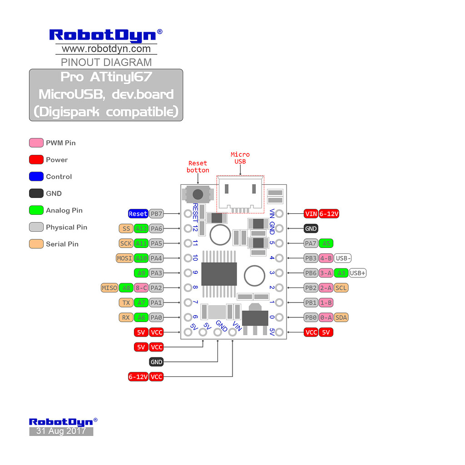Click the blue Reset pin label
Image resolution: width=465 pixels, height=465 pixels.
point(138,213)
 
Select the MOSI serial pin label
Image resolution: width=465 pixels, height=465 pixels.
point(125,258)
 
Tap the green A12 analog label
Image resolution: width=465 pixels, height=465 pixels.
point(141,228)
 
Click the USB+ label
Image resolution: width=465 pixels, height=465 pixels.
point(358,273)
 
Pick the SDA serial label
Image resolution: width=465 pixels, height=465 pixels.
point(341,317)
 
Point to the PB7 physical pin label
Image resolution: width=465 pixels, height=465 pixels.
point(156,213)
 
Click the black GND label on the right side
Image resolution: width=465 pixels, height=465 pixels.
point(311,228)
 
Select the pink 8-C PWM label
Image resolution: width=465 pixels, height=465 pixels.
point(141,287)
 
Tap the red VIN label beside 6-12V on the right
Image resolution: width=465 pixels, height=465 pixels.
point(311,213)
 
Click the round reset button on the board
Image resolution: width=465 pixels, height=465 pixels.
point(198,194)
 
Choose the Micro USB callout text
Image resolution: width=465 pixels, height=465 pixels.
point(240,158)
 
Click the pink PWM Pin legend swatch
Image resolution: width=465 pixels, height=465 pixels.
point(36,143)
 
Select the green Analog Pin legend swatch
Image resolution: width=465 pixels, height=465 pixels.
point(36,210)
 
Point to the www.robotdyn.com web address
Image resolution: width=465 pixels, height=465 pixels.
point(106,49)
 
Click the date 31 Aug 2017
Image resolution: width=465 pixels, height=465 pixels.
point(61,431)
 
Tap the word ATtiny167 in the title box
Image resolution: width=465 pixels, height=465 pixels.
point(121,77)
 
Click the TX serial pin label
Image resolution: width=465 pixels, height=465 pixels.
point(126,302)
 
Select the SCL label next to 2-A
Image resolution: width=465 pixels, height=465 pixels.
point(341,287)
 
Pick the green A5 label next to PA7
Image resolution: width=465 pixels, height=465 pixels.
point(326,243)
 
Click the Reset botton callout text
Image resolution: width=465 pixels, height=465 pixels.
point(198,166)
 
